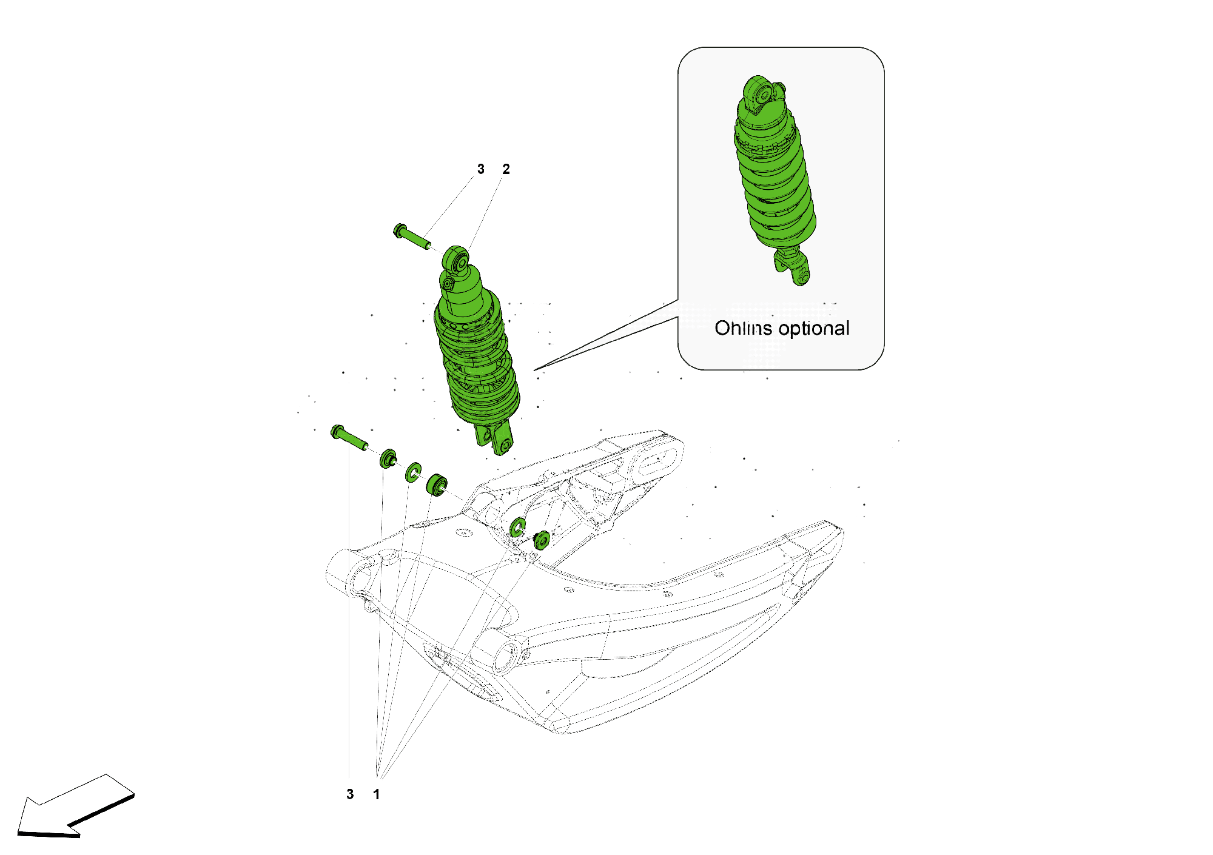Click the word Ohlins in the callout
click(743, 328)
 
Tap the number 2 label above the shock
click(506, 169)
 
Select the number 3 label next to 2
click(481, 169)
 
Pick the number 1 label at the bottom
click(377, 794)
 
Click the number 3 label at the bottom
click(350, 794)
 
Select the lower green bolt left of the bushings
click(348, 437)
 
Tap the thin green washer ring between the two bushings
click(414, 472)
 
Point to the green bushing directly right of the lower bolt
click(388, 458)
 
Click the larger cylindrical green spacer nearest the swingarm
click(437, 485)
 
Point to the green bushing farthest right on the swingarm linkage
click(542, 539)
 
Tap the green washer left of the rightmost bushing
click(517, 526)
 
